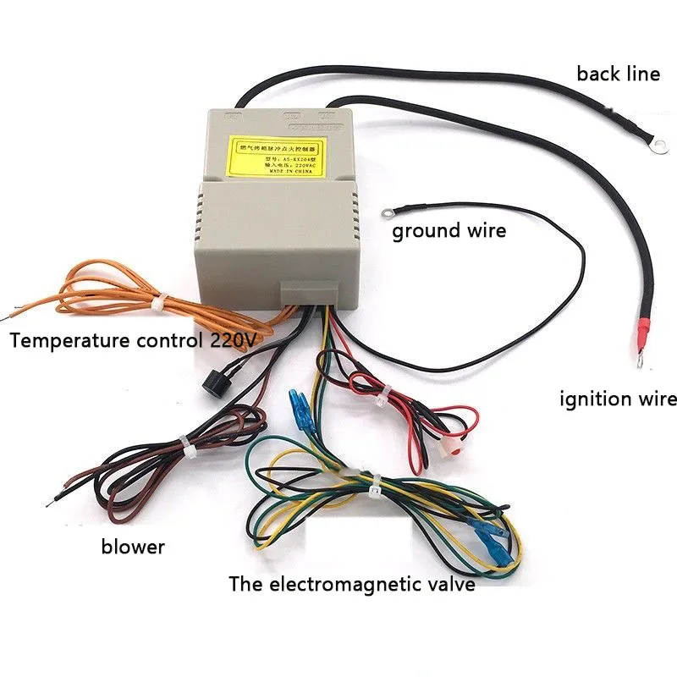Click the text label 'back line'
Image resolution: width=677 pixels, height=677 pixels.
[618, 74]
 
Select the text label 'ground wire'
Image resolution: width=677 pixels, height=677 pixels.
[449, 230]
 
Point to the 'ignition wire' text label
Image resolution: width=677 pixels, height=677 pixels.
[618, 399]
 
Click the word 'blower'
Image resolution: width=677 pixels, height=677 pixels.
[133, 547]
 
